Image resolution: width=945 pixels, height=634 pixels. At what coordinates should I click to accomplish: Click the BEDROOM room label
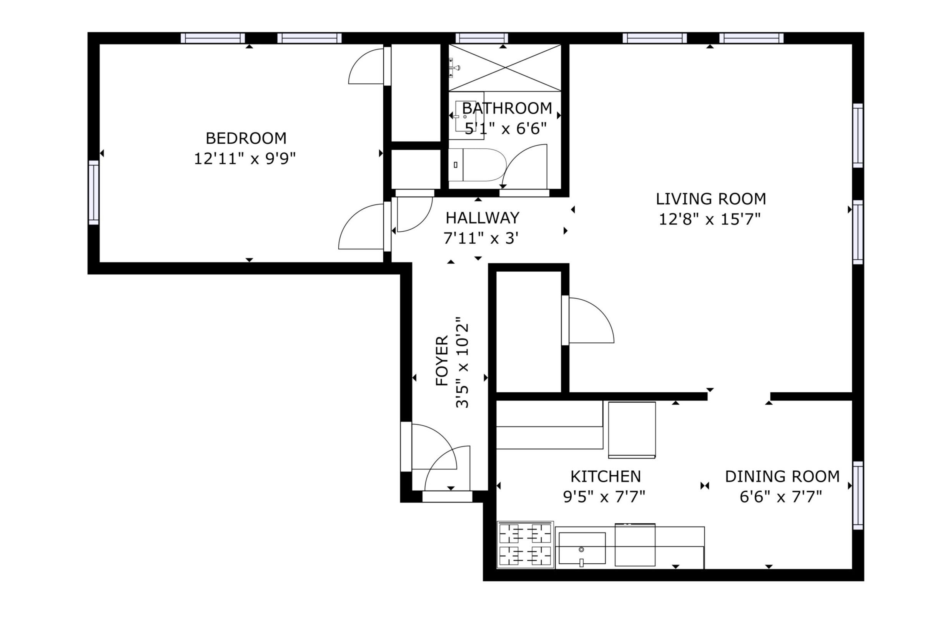(246, 138)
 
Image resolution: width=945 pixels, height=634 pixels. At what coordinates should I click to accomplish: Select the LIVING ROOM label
(711, 199)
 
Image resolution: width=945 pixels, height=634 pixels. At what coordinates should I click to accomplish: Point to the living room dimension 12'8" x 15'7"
(710, 219)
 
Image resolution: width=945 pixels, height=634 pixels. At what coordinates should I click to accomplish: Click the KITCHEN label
(606, 477)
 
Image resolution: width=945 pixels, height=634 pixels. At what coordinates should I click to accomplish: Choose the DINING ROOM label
(782, 477)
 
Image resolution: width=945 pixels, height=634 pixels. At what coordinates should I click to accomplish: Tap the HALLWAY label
(482, 218)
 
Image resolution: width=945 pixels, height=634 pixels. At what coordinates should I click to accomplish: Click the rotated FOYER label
(442, 360)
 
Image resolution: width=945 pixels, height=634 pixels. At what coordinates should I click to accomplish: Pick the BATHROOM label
(507, 108)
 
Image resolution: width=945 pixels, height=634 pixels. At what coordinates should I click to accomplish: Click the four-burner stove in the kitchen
(525, 544)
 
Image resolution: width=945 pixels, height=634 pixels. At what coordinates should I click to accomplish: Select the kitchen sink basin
(582, 548)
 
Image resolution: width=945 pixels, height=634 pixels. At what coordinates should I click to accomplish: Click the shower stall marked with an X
(505, 68)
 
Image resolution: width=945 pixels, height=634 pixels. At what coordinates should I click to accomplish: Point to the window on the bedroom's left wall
(93, 193)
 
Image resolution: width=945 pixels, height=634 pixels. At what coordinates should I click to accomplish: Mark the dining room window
(858, 495)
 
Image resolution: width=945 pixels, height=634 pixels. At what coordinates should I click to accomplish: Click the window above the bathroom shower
(482, 38)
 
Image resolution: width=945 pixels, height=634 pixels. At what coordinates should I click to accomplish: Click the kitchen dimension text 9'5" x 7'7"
(604, 496)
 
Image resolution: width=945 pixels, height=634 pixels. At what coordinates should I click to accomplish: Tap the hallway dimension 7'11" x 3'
(481, 238)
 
